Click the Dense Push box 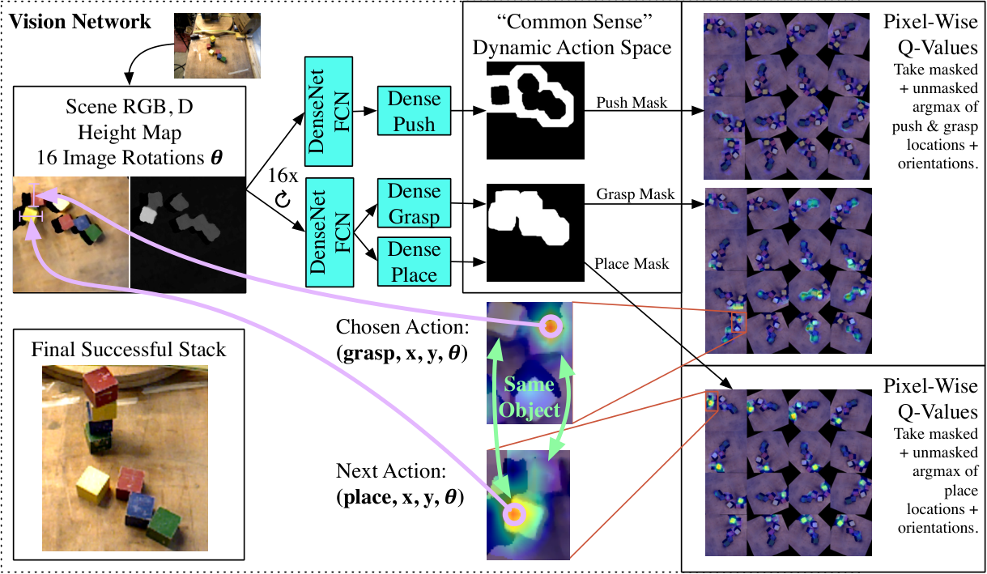[414, 111]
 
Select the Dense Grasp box [414, 203]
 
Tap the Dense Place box [414, 261]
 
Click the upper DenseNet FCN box [329, 111]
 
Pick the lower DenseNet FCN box [330, 232]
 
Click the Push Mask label [632, 102]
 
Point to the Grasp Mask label [635, 193]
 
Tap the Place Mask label [632, 263]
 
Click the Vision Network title [79, 21]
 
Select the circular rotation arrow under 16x [283, 199]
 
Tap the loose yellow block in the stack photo [93, 485]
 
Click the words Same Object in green [529, 397]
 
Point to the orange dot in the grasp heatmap [551, 326]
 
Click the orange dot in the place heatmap [514, 514]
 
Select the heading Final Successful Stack [128, 349]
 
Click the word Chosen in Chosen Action [368, 327]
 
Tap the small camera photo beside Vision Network [217, 45]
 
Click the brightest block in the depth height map [148, 215]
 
